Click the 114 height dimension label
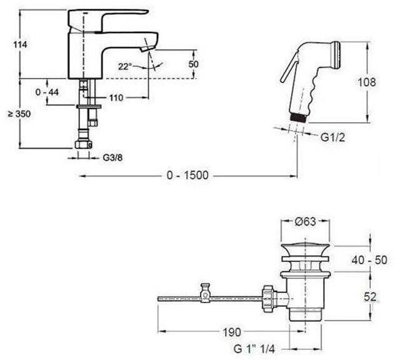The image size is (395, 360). (x=20, y=45)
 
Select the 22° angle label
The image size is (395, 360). (x=125, y=66)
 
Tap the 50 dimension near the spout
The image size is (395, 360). (x=193, y=64)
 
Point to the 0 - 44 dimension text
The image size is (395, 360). (x=47, y=92)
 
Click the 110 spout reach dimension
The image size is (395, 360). (x=116, y=97)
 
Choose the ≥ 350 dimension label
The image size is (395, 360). (x=19, y=114)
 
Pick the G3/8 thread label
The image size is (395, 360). (x=112, y=158)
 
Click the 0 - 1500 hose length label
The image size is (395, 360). (x=187, y=176)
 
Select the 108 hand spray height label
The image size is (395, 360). (x=367, y=82)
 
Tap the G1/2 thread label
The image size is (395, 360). (x=332, y=137)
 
